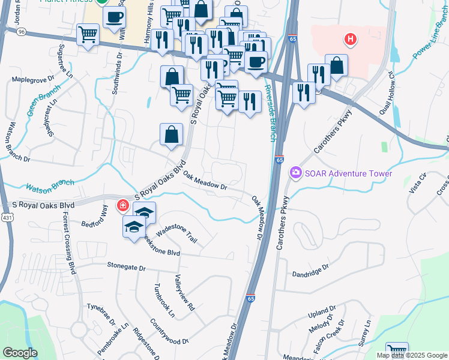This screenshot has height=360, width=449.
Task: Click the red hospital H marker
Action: [x=351, y=40]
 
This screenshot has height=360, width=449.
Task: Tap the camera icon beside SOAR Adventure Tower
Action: [x=295, y=173]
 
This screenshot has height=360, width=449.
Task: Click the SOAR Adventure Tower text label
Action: [x=348, y=174]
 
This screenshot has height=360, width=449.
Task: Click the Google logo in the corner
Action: [x=20, y=353]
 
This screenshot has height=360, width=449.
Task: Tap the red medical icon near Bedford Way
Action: [x=122, y=206]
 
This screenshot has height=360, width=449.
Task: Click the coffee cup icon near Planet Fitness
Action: [x=114, y=17]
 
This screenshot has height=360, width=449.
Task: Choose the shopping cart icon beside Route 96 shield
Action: [x=88, y=34]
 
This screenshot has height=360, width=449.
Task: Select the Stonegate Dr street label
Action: [x=127, y=265]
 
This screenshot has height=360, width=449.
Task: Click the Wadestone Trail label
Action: [x=176, y=233]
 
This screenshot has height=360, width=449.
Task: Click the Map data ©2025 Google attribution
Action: [x=412, y=355]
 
